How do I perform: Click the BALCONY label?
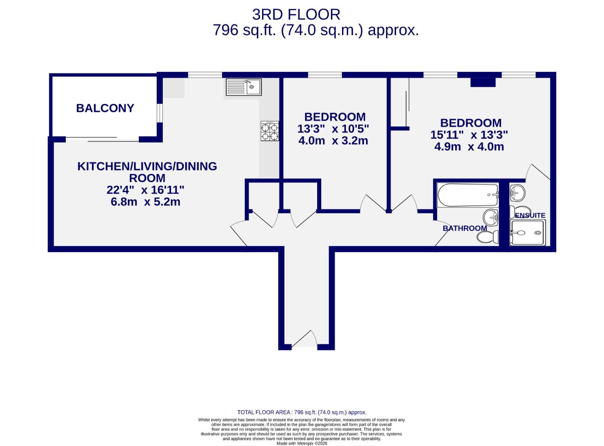point(105,108)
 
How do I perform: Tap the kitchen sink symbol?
point(244,87)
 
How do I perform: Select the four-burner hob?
point(270,131)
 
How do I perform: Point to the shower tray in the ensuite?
point(528,233)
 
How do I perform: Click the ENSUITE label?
point(530,216)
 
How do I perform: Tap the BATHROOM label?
point(465,228)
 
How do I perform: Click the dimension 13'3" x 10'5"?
point(333,129)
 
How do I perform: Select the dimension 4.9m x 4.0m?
point(469,147)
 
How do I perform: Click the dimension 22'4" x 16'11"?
point(146,190)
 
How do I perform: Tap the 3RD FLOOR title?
point(296,15)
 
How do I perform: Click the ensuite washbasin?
point(517,192)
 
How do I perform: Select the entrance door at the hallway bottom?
point(305,339)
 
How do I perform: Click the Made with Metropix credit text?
point(302,444)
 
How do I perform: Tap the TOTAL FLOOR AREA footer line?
point(302,412)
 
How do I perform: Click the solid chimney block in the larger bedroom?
point(483,82)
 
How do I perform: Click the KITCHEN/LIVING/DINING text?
point(147,166)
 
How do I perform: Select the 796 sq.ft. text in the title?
point(244,30)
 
